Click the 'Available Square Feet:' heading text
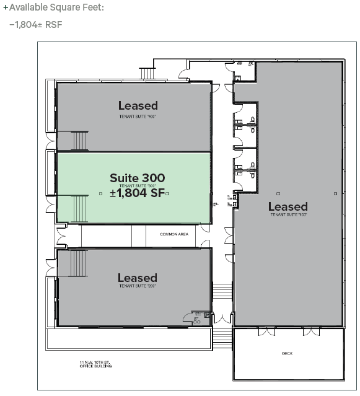[56, 7]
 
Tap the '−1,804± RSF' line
[36, 25]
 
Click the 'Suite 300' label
[138, 178]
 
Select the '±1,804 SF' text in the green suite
[137, 193]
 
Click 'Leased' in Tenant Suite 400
[138, 105]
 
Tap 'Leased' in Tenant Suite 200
[138, 278]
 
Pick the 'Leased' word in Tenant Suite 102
[288, 206]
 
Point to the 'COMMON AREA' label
[174, 234]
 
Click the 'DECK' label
[287, 353]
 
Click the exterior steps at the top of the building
[147, 73]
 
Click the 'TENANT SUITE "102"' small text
[288, 214]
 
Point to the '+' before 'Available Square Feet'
[6, 7]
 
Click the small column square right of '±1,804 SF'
[167, 194]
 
